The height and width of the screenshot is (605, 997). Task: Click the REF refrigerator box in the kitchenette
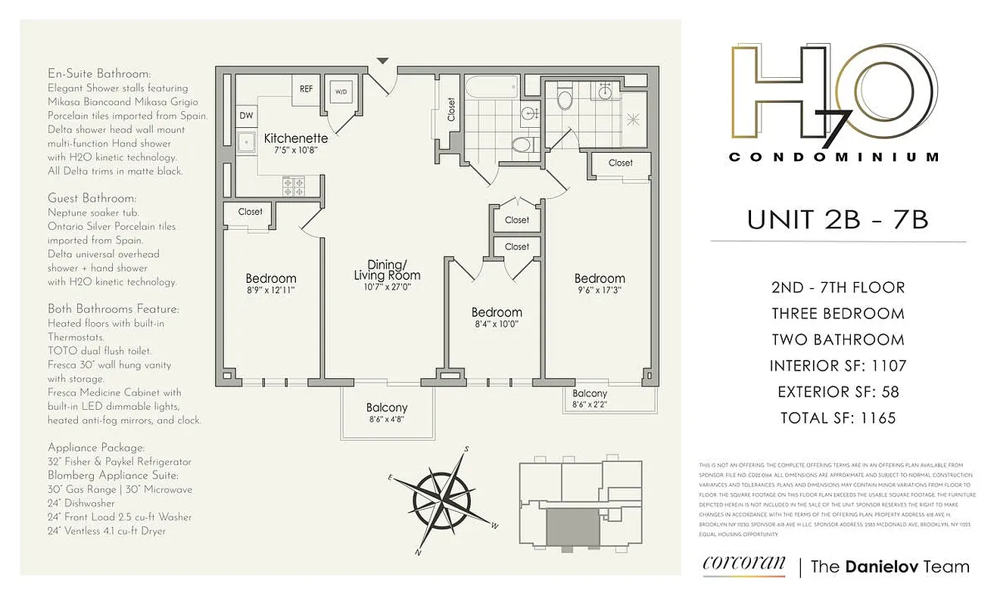306,88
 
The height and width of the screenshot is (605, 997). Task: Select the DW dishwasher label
246,116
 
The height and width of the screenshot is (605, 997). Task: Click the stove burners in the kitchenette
292,185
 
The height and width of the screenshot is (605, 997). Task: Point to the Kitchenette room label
295,138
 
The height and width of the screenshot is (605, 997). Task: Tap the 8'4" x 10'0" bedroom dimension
497,325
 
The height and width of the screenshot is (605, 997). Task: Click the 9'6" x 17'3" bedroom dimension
599,290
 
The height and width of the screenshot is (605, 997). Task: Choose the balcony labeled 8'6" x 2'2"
590,399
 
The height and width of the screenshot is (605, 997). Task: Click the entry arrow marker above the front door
383,60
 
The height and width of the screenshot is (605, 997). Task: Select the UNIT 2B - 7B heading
837,219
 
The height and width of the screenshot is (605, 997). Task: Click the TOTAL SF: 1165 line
837,417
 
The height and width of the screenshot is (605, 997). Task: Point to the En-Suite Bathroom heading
99,74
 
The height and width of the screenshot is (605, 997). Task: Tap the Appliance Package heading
96,448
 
